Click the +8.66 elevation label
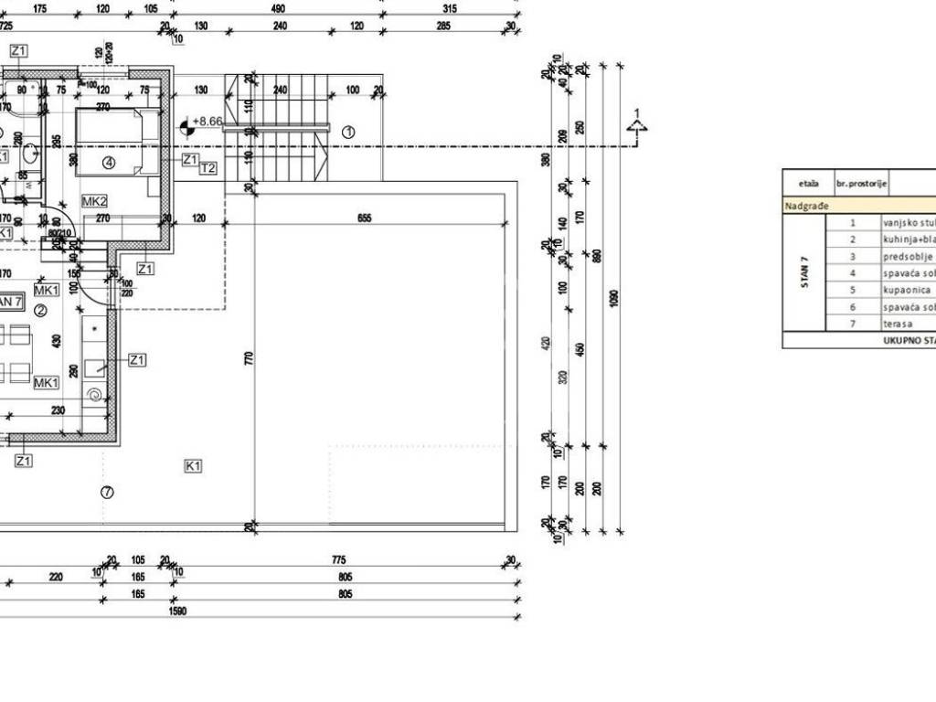(209, 122)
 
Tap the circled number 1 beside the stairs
(348, 132)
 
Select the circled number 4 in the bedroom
(109, 163)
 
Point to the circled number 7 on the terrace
(107, 492)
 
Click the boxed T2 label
(208, 168)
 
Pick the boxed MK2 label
(95, 201)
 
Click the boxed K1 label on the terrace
(193, 466)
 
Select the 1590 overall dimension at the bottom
(177, 611)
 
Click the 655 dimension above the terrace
(365, 218)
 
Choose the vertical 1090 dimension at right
(614, 298)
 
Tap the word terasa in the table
(896, 324)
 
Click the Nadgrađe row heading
(806, 206)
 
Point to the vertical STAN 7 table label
(804, 272)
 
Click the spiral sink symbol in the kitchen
(94, 395)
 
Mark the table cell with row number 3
(853, 256)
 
